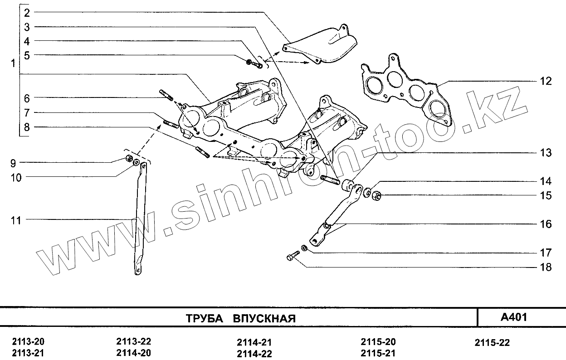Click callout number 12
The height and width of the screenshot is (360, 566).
(x=546, y=82)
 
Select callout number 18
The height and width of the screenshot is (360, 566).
(x=546, y=267)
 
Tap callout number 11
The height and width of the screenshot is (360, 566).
(x=16, y=221)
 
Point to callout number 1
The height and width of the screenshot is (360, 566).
(x=13, y=63)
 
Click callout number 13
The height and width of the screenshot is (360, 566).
(x=546, y=153)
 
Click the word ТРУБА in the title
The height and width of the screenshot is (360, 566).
(x=204, y=318)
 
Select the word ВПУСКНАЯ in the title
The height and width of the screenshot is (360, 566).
(x=264, y=318)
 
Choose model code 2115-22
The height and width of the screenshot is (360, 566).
(x=492, y=343)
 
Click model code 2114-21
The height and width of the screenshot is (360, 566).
(x=254, y=343)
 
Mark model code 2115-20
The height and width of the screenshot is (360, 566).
(x=378, y=342)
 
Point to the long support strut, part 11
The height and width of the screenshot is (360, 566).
(x=140, y=218)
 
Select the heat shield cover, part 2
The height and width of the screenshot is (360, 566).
(x=327, y=45)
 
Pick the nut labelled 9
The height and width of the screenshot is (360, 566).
(x=128, y=158)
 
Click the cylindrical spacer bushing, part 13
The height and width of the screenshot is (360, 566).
(x=348, y=185)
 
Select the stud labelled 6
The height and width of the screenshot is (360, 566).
(x=166, y=96)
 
